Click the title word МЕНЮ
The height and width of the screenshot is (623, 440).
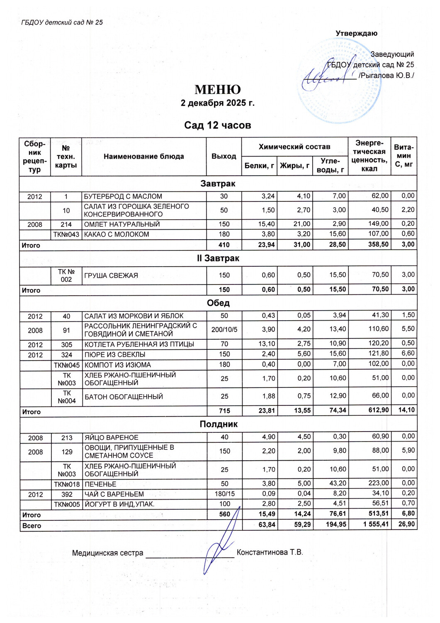click(218, 90)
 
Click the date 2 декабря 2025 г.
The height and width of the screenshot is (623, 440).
click(217, 103)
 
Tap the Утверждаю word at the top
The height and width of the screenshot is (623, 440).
click(356, 33)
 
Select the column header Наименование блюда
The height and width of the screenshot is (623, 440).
click(144, 157)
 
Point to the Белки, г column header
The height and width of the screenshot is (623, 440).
click(259, 166)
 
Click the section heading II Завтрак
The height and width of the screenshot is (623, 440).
click(218, 258)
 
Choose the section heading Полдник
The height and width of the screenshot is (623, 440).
click(219, 424)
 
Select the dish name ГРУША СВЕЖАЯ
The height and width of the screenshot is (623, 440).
click(111, 275)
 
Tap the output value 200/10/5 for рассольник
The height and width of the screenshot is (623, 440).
click(224, 330)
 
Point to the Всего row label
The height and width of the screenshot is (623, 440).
click(32, 526)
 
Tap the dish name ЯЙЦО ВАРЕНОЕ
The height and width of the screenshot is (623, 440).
click(112, 437)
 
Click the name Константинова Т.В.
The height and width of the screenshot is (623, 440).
click(270, 552)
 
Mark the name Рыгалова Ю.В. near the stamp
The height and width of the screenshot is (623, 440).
click(386, 76)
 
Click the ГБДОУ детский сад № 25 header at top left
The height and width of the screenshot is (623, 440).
click(62, 22)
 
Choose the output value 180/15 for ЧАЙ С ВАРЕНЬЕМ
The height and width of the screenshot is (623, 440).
click(224, 494)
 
